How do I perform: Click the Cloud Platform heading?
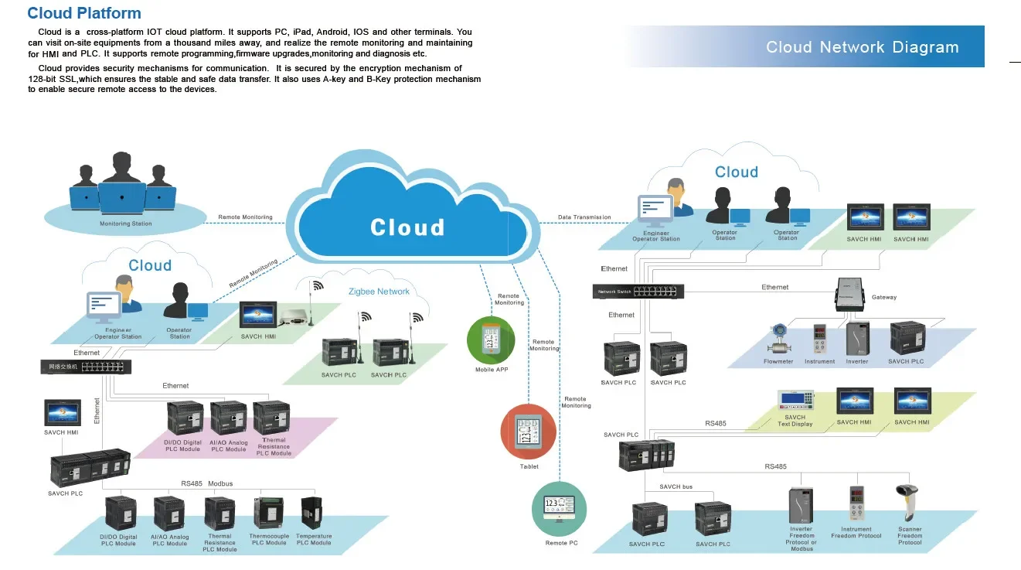coord(84,13)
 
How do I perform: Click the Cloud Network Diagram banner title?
coord(862,47)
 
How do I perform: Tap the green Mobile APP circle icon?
coord(491,340)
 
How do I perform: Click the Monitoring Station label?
coord(126,224)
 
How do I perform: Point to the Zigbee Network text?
coord(379,292)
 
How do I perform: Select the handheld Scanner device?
coord(907,503)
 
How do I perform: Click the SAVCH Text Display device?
coord(796,400)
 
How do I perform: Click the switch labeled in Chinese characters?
coord(87,367)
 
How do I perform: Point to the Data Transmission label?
coord(584,217)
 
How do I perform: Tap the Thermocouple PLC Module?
coord(268,513)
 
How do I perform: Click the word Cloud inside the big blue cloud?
coord(407,227)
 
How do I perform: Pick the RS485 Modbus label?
coord(206,483)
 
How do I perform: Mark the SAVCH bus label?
coord(676,486)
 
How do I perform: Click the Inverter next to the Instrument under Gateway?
coord(856,339)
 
